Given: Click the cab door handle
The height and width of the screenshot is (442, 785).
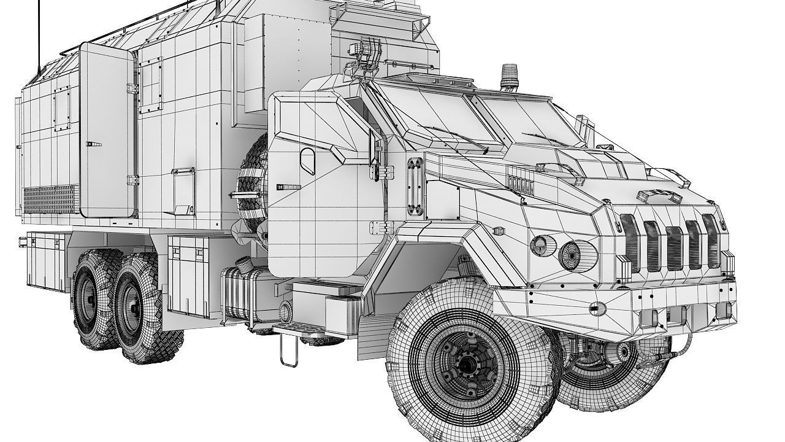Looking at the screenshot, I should point(288,186).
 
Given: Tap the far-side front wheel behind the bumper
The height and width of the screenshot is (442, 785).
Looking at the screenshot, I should point(613,368).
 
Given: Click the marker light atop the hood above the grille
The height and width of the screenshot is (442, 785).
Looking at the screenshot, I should point(659,196).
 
